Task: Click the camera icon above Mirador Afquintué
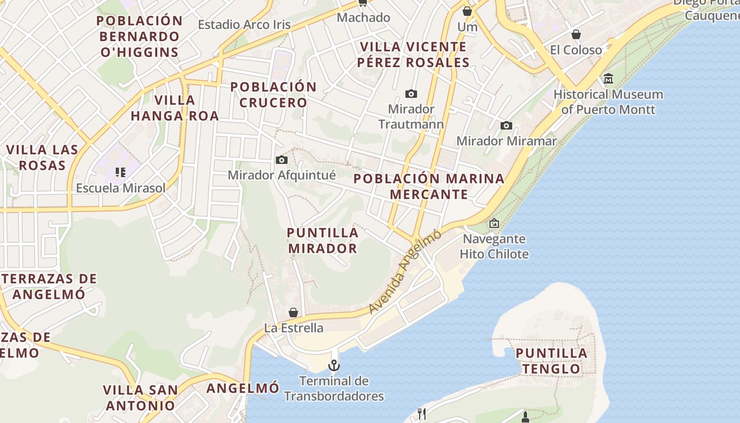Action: (x=282, y=160)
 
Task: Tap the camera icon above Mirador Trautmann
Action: (x=411, y=94)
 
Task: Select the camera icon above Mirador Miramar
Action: (x=506, y=125)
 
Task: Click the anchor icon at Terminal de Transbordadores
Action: (x=334, y=365)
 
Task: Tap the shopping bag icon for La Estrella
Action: (x=293, y=312)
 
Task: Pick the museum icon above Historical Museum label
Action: (x=608, y=79)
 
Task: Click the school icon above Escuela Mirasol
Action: (x=121, y=172)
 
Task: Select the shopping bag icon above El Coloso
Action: (x=576, y=34)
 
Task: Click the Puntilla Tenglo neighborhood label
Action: (x=551, y=361)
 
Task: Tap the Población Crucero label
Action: (x=273, y=94)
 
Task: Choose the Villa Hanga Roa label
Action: (x=174, y=108)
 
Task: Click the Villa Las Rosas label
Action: (x=42, y=158)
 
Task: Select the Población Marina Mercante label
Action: (x=429, y=186)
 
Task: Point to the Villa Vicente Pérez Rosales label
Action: (x=413, y=54)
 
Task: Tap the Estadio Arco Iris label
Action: (x=244, y=24)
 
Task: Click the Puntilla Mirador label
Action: (x=322, y=240)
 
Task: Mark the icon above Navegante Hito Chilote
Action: (x=494, y=223)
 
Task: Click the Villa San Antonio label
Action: (x=141, y=398)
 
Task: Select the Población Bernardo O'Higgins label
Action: (x=140, y=36)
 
